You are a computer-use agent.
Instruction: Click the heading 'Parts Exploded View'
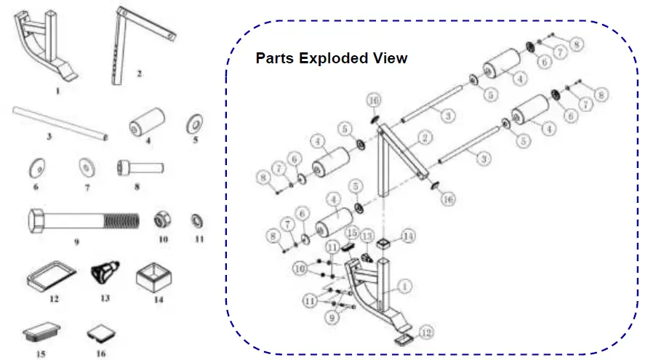click(331, 58)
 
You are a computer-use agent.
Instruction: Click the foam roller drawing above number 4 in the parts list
click(146, 124)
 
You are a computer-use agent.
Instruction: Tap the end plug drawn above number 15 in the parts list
click(41, 334)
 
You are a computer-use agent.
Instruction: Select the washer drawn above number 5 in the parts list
click(194, 121)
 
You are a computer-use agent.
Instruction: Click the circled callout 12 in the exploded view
click(427, 332)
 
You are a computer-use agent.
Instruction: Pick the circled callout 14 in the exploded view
click(408, 236)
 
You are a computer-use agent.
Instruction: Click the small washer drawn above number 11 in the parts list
click(196, 219)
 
